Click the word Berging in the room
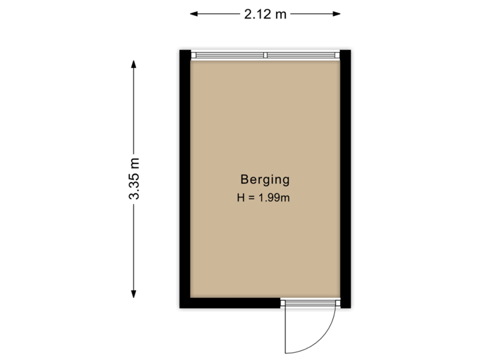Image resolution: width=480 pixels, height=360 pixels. click(x=265, y=179)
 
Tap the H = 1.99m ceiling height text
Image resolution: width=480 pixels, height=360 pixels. click(x=265, y=197)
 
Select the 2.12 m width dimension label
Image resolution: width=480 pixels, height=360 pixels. click(x=265, y=14)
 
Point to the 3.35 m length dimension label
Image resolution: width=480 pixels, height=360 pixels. click(x=135, y=179)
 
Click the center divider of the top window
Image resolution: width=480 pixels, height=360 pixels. click(x=265, y=55)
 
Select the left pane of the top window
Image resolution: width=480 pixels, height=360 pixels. click(x=228, y=55)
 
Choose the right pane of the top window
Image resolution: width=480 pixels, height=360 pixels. click(x=303, y=55)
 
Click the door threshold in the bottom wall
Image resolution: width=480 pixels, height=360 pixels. click(x=309, y=304)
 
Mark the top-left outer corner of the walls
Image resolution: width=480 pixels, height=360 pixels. click(x=177, y=47)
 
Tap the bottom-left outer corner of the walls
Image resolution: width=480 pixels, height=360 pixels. click(x=177, y=310)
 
